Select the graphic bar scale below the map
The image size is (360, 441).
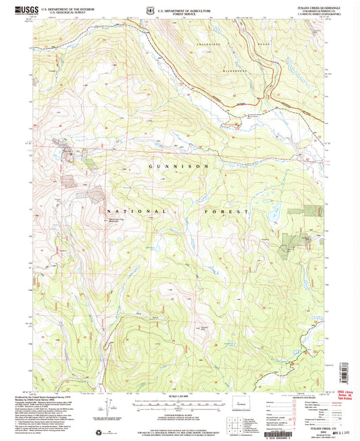tap(179, 403)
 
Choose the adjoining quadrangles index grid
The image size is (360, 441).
tap(236, 425)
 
